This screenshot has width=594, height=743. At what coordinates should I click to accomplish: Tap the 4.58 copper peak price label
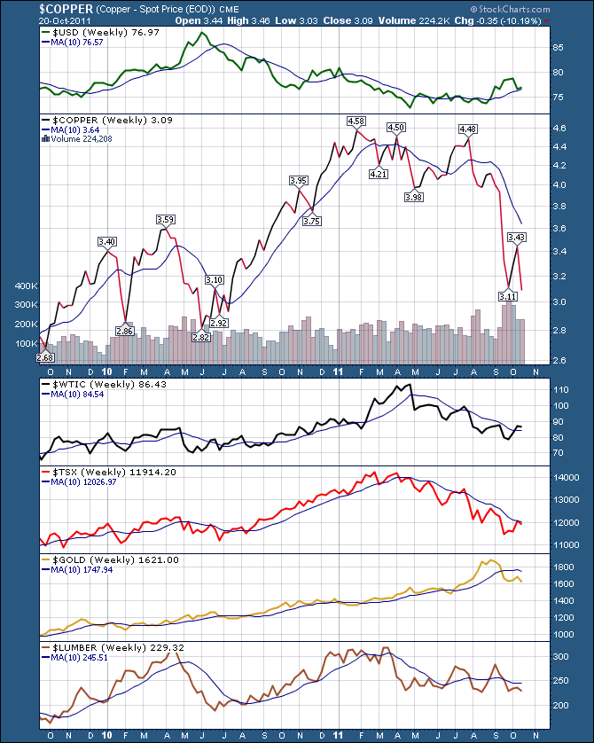tap(356, 120)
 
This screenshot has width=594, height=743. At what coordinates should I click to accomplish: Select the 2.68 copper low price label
tap(44, 357)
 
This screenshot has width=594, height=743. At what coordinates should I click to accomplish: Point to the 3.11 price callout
tap(507, 295)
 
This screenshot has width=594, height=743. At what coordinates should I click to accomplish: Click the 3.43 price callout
tap(516, 237)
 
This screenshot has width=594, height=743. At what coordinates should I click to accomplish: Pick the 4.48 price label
tap(467, 129)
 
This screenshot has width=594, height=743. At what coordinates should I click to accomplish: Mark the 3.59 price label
tap(165, 219)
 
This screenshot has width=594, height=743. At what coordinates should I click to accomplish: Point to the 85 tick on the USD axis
tap(559, 47)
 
